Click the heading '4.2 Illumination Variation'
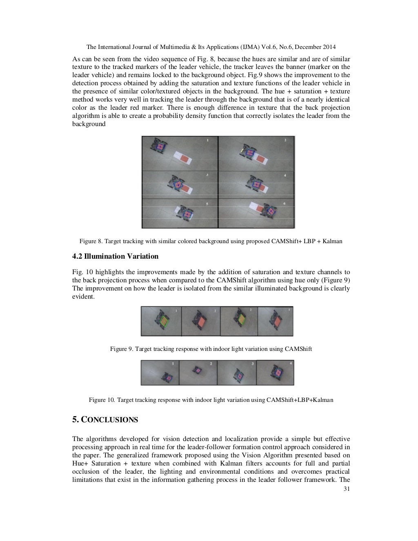pyautogui.click(x=115, y=256)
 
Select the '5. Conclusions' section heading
pyautogui.click(x=105, y=420)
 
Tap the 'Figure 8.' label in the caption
pyautogui.click(x=88, y=241)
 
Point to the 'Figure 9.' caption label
pyautogui.click(x=121, y=349)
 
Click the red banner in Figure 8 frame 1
pyautogui.click(x=183, y=158)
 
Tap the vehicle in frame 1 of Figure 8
pyautogui.click(x=159, y=146)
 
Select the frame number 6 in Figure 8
pyautogui.click(x=284, y=203)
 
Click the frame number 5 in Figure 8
pyautogui.click(x=207, y=203)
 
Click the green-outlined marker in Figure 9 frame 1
pyautogui.click(x=164, y=321)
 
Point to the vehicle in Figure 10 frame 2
pyautogui.click(x=198, y=370)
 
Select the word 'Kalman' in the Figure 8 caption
pyautogui.click(x=332, y=241)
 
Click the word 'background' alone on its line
pyautogui.click(x=89, y=124)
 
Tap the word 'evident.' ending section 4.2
pyautogui.click(x=83, y=297)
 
